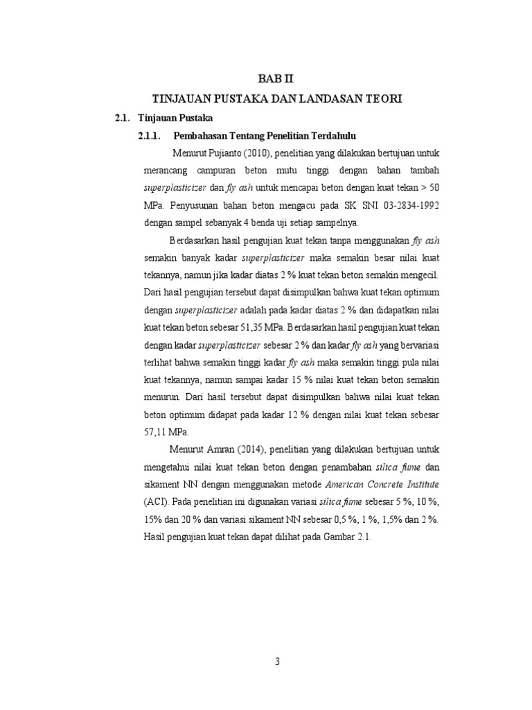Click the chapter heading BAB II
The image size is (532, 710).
(x=267, y=80)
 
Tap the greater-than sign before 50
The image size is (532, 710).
(x=432, y=188)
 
